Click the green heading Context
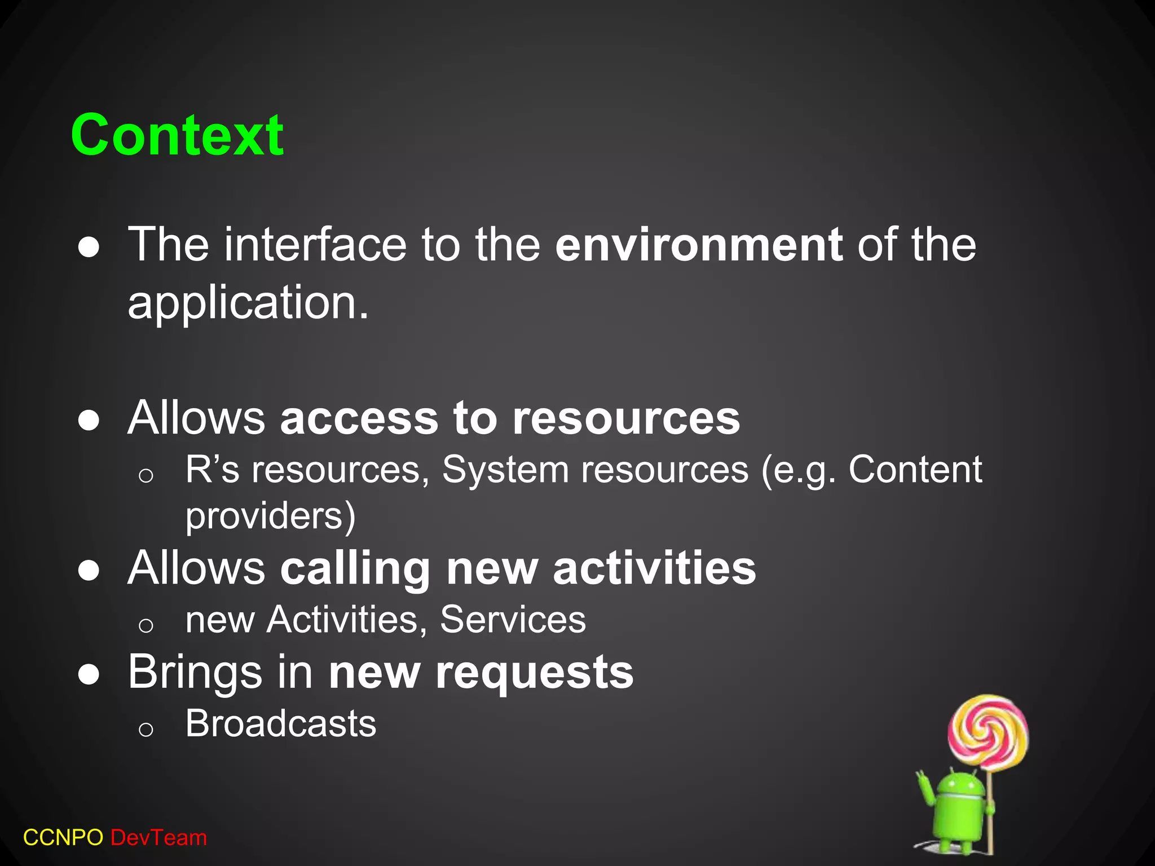click(x=177, y=135)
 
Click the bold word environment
click(x=699, y=245)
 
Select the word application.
click(x=248, y=303)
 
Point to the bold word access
click(x=359, y=418)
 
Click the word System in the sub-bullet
click(x=505, y=469)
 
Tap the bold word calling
click(x=355, y=568)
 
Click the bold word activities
click(x=654, y=568)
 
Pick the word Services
click(x=513, y=620)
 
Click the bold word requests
click(x=534, y=672)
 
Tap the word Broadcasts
click(x=281, y=723)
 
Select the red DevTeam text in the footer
click(x=158, y=838)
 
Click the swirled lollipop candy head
click(x=988, y=732)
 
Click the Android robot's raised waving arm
click(x=925, y=790)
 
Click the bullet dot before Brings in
click(x=89, y=674)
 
